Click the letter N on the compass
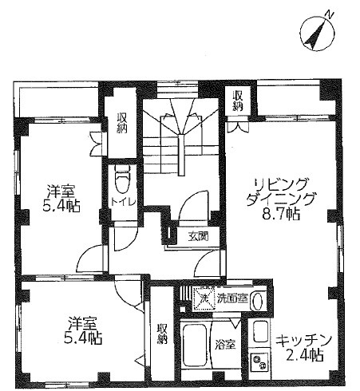point(329,14)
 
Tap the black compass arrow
point(316,35)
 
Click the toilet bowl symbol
point(122,179)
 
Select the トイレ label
point(123,202)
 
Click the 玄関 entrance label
point(198,236)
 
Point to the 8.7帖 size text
point(281,214)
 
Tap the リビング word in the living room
point(282,184)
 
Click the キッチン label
point(303,342)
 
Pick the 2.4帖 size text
point(305,355)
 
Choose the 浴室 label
point(225,345)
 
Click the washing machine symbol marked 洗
point(204,298)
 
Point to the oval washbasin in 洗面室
point(257,301)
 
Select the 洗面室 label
point(232,298)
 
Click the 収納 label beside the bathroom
point(162,334)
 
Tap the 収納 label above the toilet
point(122,123)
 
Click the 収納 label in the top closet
point(238,101)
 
